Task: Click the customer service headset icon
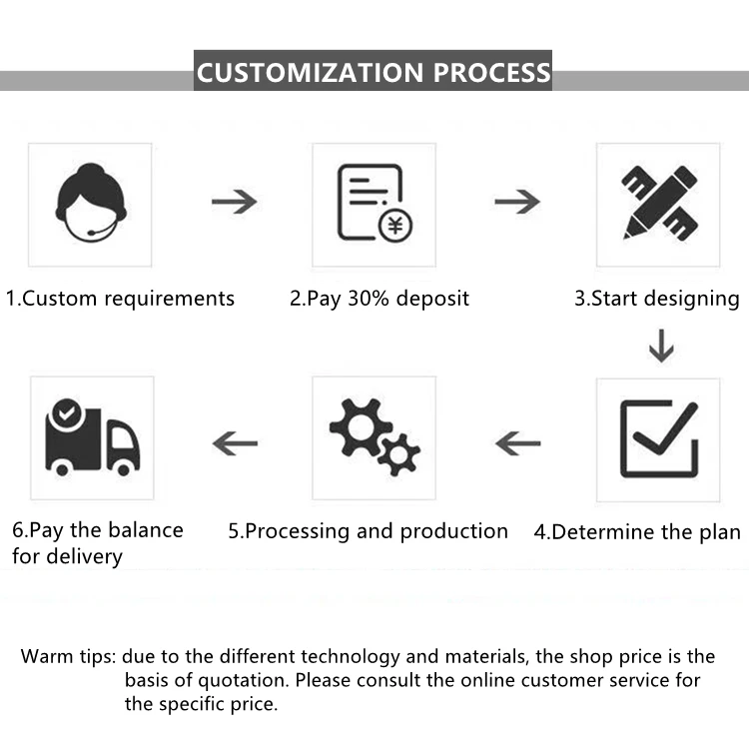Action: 90,204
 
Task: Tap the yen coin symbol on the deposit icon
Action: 395,226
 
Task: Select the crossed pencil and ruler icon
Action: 658,203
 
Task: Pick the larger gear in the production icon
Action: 355,427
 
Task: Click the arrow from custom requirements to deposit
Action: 234,202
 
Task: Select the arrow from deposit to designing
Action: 517,202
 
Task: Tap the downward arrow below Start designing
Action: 660,347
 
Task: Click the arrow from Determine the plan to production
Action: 517,441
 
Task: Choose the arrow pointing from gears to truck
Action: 235,441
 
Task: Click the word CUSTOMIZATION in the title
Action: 310,73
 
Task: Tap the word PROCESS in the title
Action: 490,73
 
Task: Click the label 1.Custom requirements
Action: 120,299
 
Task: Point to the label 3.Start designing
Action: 656,299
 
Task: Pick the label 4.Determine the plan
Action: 636,532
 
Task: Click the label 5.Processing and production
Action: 368,531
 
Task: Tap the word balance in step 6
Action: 140,529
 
